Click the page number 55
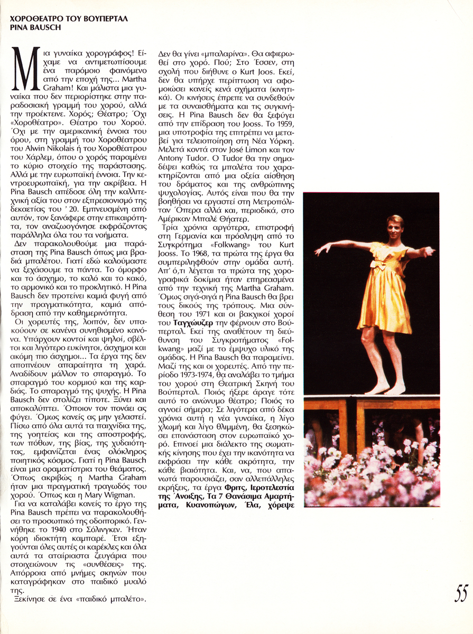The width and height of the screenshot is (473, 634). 461,593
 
